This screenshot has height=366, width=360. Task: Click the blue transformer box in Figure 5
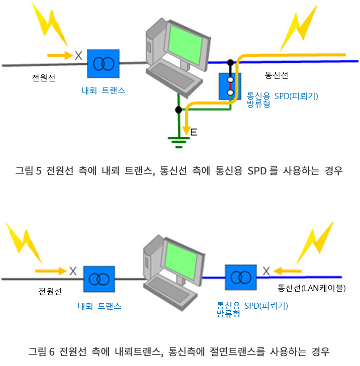click(102, 63)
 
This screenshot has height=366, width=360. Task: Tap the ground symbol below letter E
click(178, 141)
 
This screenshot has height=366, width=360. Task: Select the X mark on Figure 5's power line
click(78, 55)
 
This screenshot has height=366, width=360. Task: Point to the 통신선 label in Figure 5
click(276, 76)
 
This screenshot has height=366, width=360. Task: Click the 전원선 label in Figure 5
click(42, 78)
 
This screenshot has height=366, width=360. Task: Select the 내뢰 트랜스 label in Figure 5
click(103, 91)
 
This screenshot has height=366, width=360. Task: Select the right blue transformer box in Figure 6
click(240, 277)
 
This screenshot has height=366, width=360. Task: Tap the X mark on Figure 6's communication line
click(266, 271)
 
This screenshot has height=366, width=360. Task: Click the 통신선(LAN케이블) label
click(311, 289)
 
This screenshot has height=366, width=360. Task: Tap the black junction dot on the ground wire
click(178, 110)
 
